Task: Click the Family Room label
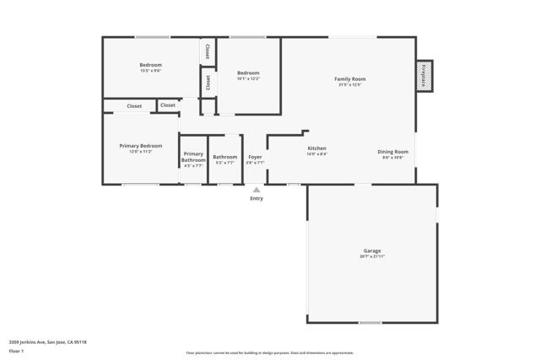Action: tap(350, 78)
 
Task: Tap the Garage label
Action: tap(372, 250)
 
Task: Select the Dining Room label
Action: tap(392, 152)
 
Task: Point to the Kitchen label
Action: tap(316, 148)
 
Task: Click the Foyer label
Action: tap(255, 157)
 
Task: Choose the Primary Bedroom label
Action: tap(141, 146)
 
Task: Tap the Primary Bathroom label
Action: tap(193, 157)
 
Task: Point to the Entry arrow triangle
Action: tap(256, 190)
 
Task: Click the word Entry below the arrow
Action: tap(256, 198)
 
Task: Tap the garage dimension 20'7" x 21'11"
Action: tap(372, 256)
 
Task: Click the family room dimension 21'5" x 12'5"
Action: tap(350, 84)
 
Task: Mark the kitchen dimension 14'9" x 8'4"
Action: tap(316, 154)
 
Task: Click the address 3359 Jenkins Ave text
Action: tap(48, 342)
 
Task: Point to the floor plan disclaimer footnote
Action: tap(270, 353)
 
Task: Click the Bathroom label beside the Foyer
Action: tap(225, 157)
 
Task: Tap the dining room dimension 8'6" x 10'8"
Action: tap(392, 158)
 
